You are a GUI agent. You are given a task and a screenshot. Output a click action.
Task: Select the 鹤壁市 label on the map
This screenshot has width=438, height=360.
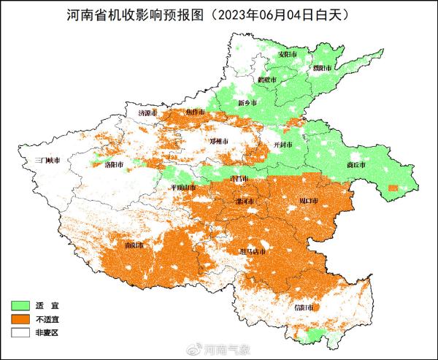[268, 79]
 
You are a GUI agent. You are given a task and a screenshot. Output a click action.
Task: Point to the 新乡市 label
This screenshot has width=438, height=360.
[248, 103]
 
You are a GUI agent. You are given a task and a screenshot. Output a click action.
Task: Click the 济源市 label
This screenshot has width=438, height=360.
[148, 113]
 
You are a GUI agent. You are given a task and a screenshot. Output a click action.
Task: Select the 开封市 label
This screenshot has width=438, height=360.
[283, 145]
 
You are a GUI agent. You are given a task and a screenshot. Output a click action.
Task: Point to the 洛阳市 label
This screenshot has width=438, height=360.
[115, 165]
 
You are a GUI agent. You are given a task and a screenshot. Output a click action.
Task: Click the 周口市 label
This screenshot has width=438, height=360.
[299, 199]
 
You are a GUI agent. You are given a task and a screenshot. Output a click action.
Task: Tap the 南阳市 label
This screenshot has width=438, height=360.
[135, 245]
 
